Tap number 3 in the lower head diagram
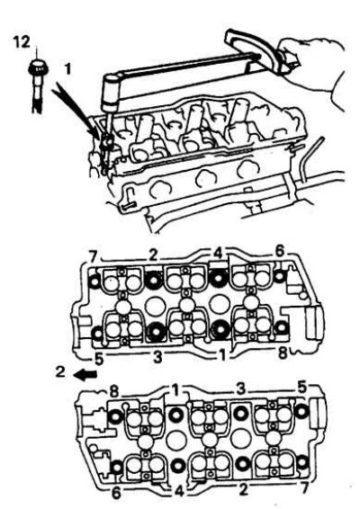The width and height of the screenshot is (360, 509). tap(238, 388)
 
